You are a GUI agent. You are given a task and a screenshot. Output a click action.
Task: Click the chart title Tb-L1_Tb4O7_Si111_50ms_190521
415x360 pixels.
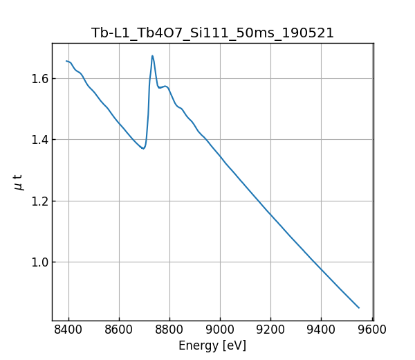click(212, 33)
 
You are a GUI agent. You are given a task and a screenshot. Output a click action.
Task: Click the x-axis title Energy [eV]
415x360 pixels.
click(212, 345)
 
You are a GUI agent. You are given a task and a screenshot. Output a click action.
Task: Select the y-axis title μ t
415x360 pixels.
click(19, 182)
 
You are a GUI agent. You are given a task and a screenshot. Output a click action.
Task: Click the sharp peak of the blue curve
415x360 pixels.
click(152, 56)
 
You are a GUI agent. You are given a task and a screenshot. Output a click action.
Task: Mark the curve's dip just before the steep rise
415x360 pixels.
click(143, 148)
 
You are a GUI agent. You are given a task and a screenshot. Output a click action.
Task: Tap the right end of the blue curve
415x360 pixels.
click(359, 307)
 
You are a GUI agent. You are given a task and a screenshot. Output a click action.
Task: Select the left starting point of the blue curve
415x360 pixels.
click(66, 61)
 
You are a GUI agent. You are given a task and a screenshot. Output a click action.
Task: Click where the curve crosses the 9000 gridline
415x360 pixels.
click(221, 156)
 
